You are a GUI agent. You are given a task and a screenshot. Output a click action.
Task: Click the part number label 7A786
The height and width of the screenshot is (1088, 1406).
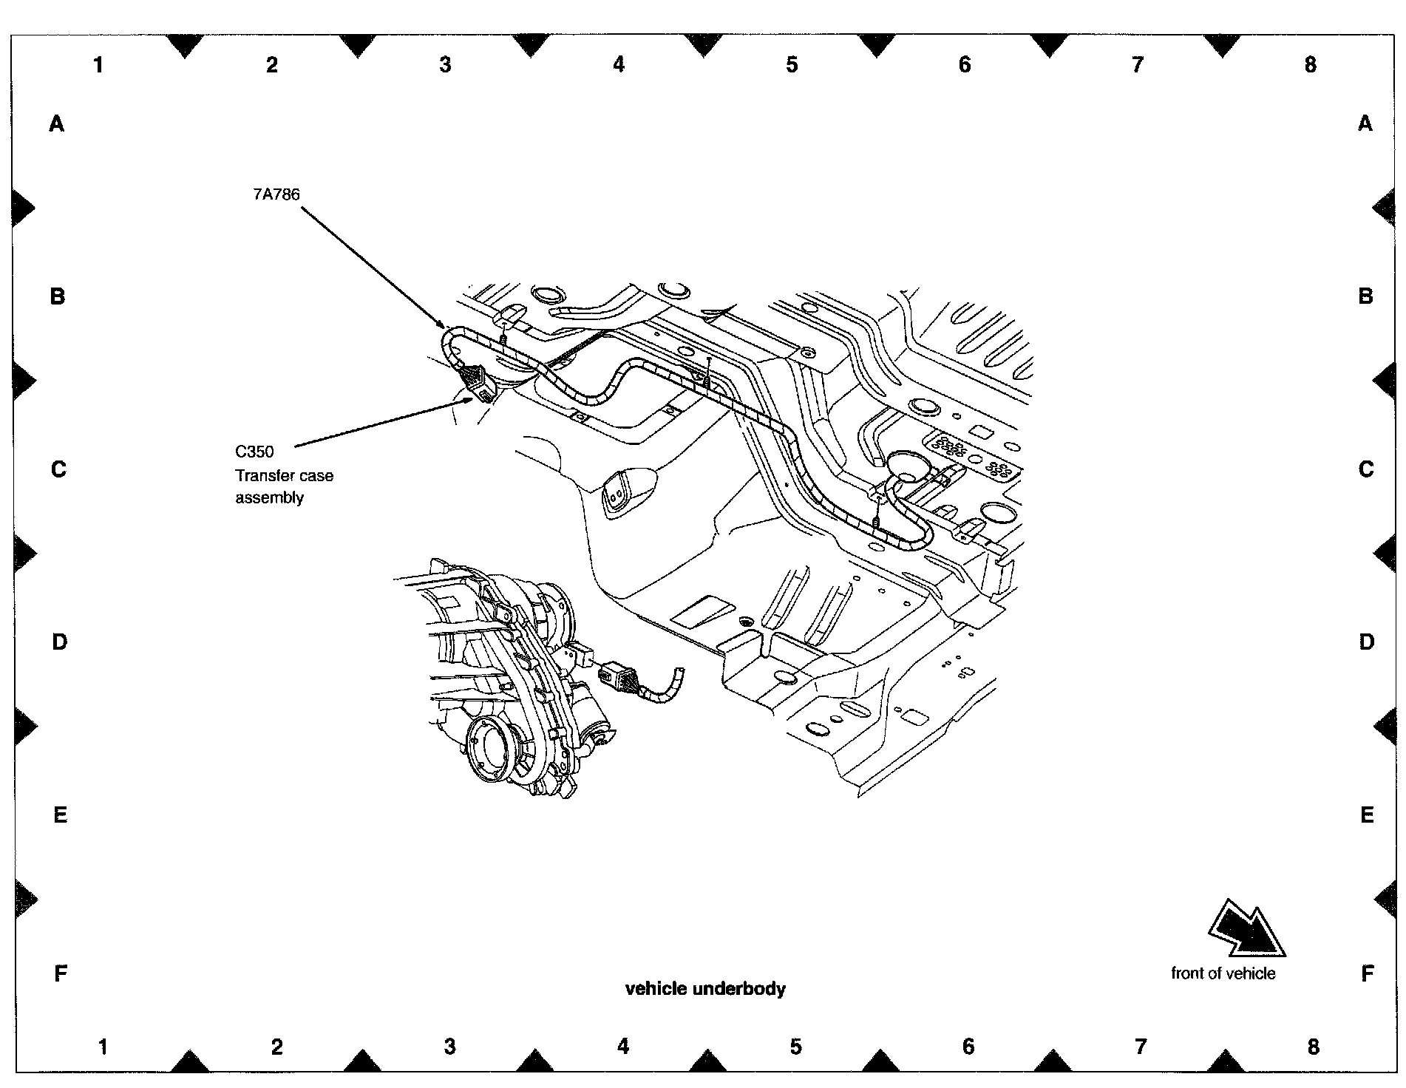(x=276, y=194)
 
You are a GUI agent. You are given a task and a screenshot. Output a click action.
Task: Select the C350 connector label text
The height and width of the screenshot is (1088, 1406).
(x=254, y=452)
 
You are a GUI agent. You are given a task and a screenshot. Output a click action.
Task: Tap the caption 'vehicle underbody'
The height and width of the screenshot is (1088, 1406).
(x=705, y=989)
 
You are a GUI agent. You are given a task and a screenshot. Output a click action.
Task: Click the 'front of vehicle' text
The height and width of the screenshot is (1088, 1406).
(x=1223, y=973)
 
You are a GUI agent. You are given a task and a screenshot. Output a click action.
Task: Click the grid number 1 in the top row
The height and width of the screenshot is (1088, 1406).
(x=98, y=65)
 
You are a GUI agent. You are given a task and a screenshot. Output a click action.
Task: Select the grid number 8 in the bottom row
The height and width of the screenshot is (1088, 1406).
(x=1313, y=1047)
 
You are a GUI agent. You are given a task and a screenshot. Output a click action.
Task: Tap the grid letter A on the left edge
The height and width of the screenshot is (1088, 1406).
(x=57, y=124)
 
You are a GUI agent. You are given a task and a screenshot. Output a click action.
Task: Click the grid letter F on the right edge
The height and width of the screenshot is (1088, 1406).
(x=1367, y=973)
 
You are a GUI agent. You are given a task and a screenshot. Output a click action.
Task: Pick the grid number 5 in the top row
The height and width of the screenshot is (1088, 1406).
(x=792, y=65)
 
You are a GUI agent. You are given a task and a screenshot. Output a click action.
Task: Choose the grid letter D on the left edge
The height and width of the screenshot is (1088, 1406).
(x=59, y=642)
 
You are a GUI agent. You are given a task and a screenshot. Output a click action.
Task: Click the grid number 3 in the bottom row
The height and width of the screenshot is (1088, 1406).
(x=449, y=1047)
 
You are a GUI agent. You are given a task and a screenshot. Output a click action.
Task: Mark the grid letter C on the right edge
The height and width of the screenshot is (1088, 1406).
(x=1366, y=469)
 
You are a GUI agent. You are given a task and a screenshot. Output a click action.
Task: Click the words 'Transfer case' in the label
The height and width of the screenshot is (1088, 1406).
(x=284, y=475)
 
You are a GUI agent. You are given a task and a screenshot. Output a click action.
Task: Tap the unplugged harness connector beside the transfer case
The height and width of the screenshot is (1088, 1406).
(x=618, y=675)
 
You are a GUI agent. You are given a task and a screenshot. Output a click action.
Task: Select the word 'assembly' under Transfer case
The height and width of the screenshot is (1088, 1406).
(x=269, y=497)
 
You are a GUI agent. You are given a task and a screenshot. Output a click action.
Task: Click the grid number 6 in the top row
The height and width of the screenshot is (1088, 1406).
(x=965, y=65)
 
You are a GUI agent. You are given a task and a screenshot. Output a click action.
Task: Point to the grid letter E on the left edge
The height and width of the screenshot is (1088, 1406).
(x=60, y=815)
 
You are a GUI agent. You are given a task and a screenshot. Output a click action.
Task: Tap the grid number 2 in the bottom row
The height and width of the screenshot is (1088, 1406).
(x=276, y=1047)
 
